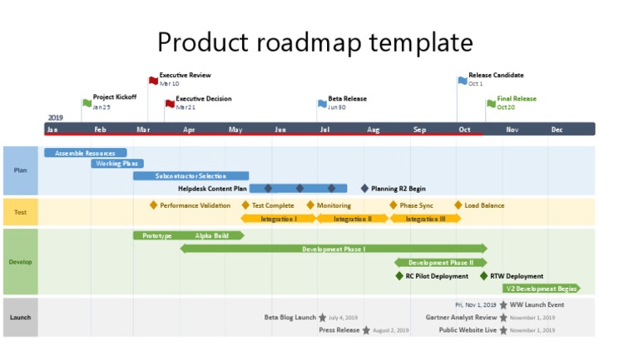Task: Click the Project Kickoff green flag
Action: (87, 103)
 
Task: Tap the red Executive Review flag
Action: (153, 81)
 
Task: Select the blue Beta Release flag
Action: (323, 104)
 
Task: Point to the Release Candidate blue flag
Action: (463, 81)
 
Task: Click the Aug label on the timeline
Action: (374, 130)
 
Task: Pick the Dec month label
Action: (557, 130)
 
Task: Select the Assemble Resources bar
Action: (85, 153)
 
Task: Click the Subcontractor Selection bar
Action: (191, 176)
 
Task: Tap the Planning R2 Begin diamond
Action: (364, 189)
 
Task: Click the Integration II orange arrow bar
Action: (353, 219)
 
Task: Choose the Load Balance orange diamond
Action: (458, 205)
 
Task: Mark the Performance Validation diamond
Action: (153, 205)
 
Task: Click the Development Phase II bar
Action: (440, 263)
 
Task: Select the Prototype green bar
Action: (156, 236)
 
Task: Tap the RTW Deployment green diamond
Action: (483, 276)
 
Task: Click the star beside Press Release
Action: (366, 330)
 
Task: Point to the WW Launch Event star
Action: (503, 305)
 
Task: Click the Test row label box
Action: (21, 212)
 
